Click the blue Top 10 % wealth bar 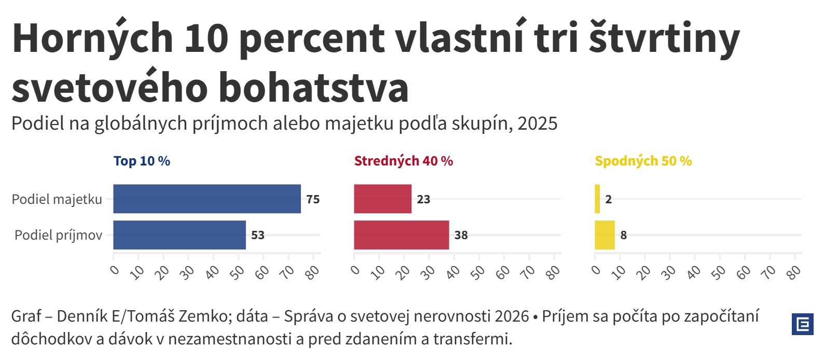(207, 199)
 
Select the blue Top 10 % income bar (179, 235)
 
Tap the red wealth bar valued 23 (382, 199)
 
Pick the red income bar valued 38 (401, 235)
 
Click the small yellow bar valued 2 (597, 199)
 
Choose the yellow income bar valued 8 (605, 235)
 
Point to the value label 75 (313, 199)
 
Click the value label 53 (258, 236)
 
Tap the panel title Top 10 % (142, 161)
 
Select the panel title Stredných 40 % (403, 161)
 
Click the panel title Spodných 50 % (643, 161)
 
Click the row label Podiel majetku (57, 199)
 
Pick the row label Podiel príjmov (58, 236)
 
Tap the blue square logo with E (802, 324)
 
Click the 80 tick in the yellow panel (794, 272)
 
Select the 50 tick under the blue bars (237, 272)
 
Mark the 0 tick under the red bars (355, 270)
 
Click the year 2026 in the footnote (512, 316)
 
